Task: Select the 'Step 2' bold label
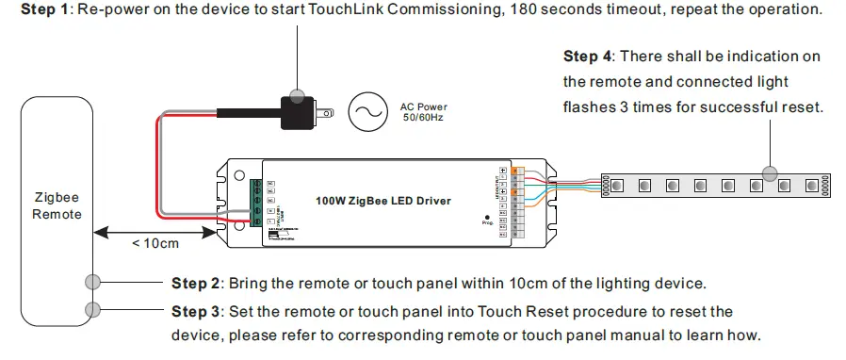pos(196,283)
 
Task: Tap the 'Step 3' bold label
pos(196,311)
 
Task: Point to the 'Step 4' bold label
pos(589,57)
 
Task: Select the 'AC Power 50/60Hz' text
pos(425,112)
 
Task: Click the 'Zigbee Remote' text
pos(57,206)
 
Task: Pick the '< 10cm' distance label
pos(155,244)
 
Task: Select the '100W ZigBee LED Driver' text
pos(382,201)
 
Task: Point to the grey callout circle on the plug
pos(298,94)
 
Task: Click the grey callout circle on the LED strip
pos(771,172)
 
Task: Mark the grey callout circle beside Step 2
pos(92,282)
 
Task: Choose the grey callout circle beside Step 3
pos(92,309)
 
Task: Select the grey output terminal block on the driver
pos(515,201)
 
